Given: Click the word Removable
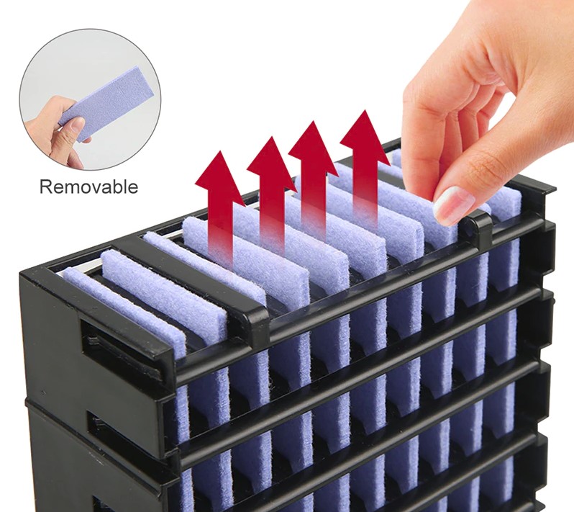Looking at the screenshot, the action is pyautogui.click(x=88, y=187).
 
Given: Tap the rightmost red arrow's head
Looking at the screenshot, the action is pyautogui.click(x=365, y=136).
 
